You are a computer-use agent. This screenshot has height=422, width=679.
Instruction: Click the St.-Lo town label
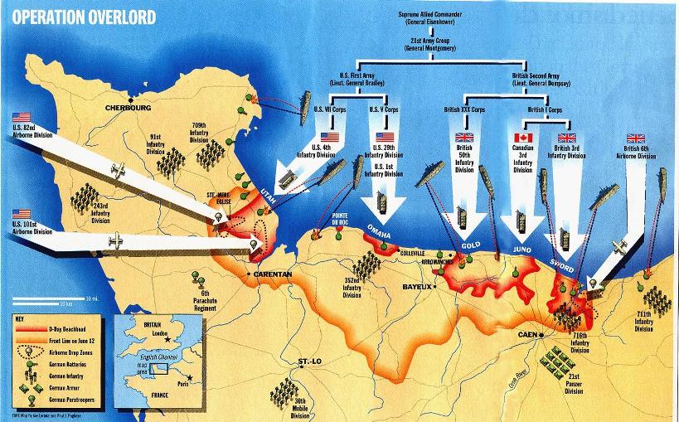point(310,362)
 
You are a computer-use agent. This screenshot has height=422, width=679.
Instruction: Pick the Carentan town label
point(270,274)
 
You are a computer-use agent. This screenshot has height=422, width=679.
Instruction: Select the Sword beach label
point(564,263)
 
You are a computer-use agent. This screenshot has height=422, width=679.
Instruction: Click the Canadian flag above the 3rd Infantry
point(522,138)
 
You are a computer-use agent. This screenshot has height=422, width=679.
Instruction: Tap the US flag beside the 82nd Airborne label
point(22,117)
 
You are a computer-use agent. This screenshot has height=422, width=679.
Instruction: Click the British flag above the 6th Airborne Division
point(636,138)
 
